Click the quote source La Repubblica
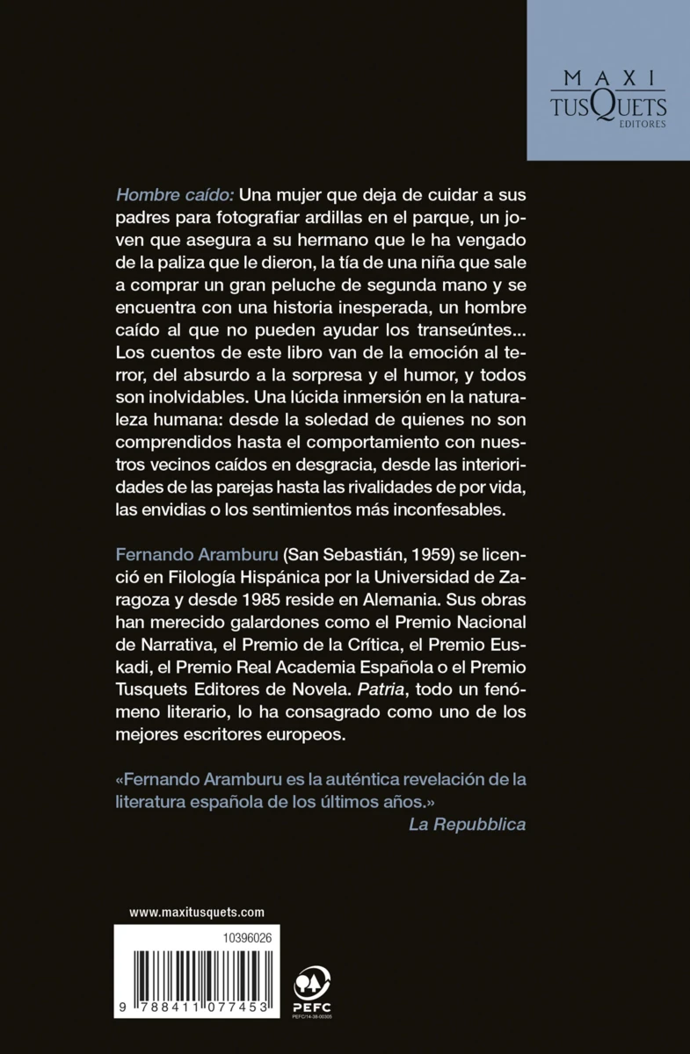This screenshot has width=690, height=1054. click(x=467, y=825)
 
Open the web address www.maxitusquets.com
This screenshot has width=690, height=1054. click(x=197, y=913)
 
